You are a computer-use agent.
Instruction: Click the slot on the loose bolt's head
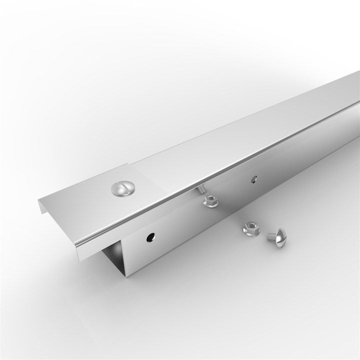[279, 235]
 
